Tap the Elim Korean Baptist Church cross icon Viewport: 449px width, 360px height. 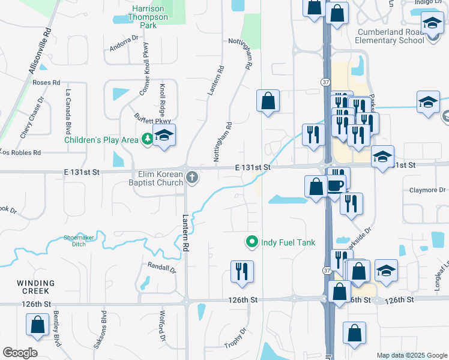tap(192, 176)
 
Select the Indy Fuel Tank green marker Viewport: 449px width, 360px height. tap(252, 242)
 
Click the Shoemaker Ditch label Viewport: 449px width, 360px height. tap(79, 241)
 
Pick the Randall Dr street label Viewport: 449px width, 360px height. tap(161, 267)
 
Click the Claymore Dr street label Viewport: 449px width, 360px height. tap(428, 190)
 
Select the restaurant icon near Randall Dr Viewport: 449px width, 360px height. tap(243, 271)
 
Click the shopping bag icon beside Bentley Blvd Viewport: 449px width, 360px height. tap(37, 325)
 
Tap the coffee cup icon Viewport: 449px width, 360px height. tap(337, 184)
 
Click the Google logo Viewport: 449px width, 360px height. tap(19, 353)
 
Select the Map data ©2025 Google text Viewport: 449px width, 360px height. tap(411, 356)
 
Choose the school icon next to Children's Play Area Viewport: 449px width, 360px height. tap(164, 136)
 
